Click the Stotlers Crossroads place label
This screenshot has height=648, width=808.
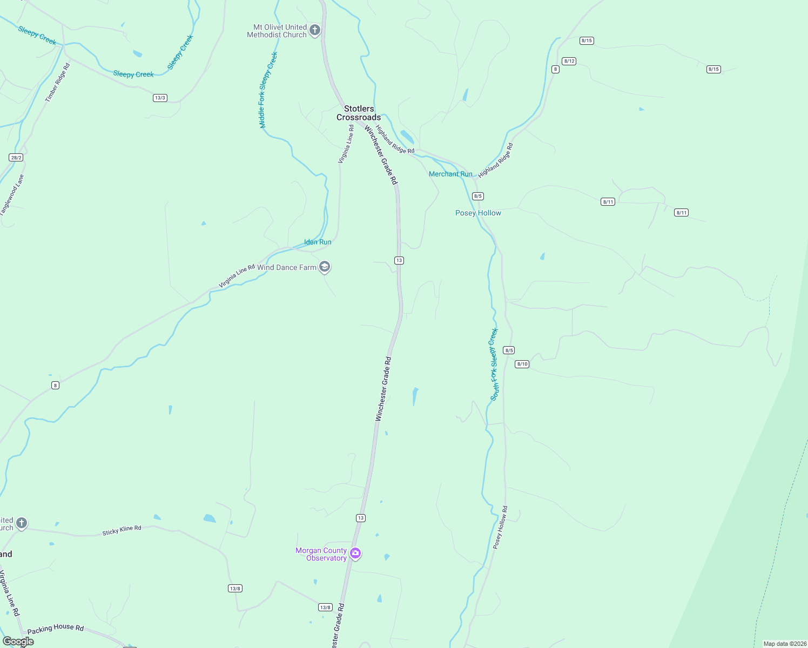[359, 113]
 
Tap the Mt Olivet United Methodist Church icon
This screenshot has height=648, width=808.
[315, 30]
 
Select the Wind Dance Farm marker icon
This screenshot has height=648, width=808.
[325, 267]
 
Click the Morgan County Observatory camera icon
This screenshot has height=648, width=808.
[355, 553]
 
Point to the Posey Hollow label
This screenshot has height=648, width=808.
[478, 213]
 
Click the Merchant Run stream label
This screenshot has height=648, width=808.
[450, 174]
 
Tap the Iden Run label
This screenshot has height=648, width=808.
[318, 242]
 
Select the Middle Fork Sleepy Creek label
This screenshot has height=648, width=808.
[268, 90]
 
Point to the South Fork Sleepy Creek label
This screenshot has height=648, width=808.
[494, 364]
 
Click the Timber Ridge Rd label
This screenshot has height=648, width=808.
[58, 83]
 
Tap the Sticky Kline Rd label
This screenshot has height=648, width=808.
[122, 530]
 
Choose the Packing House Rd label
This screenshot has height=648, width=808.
[56, 629]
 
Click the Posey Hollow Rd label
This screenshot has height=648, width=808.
[501, 528]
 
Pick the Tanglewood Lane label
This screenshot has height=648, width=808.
[12, 195]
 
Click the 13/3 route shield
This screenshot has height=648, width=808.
[160, 98]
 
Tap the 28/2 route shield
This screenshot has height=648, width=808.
[16, 157]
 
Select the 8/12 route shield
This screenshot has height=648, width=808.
[569, 61]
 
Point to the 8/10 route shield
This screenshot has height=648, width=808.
[522, 364]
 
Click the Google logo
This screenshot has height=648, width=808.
[18, 641]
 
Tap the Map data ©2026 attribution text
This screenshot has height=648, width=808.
[785, 644]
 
